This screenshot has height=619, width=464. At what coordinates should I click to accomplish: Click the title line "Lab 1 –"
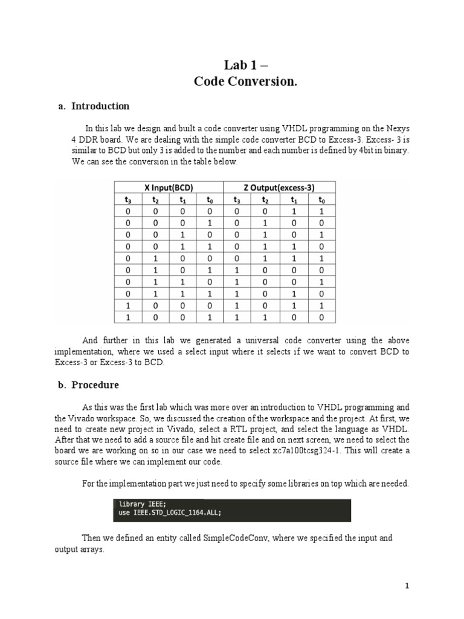[x=245, y=65]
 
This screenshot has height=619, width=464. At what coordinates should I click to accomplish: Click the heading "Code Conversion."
[x=245, y=82]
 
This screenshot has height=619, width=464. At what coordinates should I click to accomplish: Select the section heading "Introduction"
[x=100, y=106]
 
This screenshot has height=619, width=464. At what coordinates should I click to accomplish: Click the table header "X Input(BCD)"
[x=169, y=187]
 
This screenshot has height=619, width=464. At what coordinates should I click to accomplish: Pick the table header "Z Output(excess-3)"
[x=280, y=187]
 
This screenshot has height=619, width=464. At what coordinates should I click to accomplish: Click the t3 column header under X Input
[x=127, y=199]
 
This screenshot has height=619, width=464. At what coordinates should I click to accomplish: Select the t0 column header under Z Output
[x=321, y=199]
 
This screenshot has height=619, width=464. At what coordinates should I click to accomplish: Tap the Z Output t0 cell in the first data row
[x=321, y=212]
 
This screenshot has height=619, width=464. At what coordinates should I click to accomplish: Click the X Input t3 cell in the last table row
[x=127, y=317]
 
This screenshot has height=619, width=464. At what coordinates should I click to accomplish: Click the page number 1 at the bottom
[x=407, y=586]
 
